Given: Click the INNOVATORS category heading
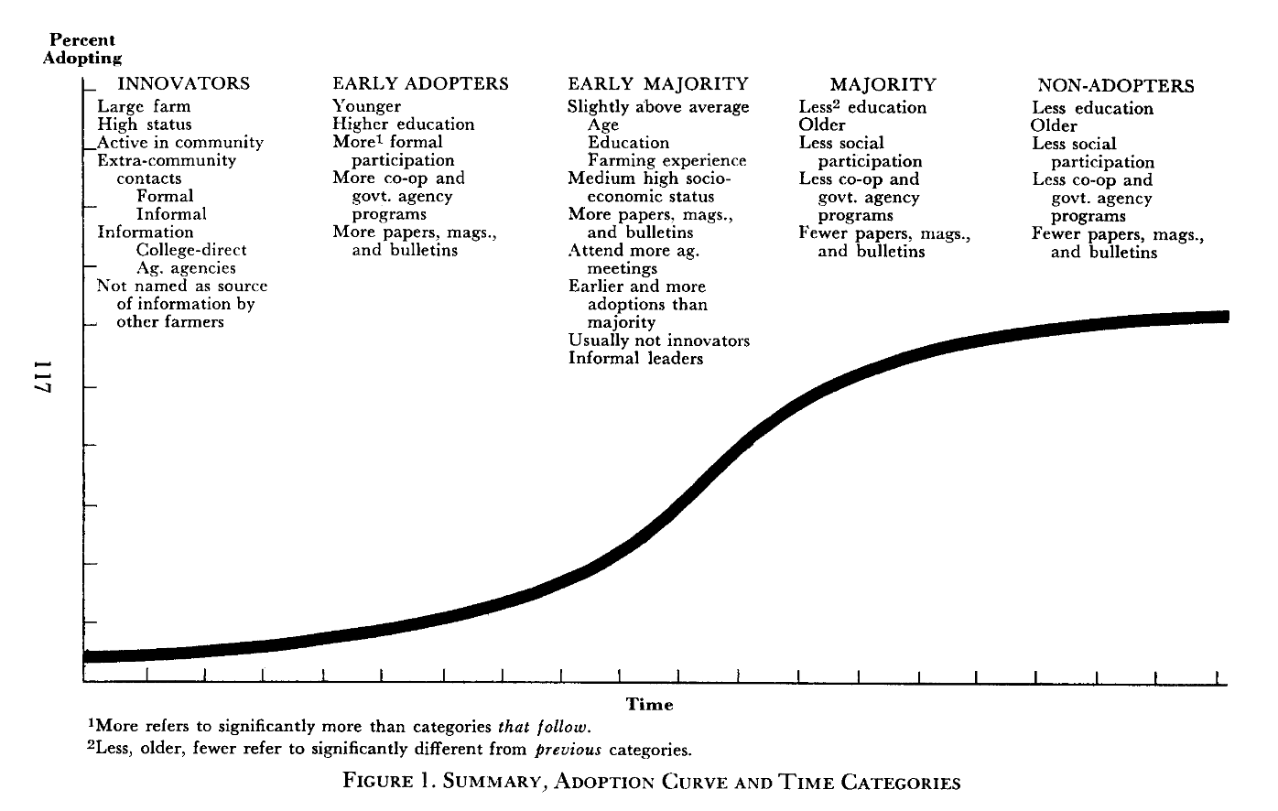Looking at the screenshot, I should pyautogui.click(x=184, y=83).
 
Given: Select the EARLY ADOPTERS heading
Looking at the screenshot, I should pyautogui.click(x=420, y=83).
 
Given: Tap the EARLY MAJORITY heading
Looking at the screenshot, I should pyautogui.click(x=657, y=83).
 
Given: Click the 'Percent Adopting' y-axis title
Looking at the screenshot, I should pyautogui.click(x=82, y=49).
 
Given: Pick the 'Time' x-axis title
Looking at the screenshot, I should pyautogui.click(x=649, y=704).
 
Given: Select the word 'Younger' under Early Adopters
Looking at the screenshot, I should pyautogui.click(x=367, y=106).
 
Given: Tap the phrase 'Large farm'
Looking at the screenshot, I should pyautogui.click(x=144, y=106).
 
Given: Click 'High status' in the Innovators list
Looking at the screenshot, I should pyautogui.click(x=145, y=124).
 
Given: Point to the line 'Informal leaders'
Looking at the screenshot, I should pyautogui.click(x=635, y=358).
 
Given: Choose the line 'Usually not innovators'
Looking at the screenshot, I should pyautogui.click(x=658, y=341).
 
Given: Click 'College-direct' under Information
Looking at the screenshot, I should pyautogui.click(x=191, y=250).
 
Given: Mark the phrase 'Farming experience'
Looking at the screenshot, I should pyautogui.click(x=666, y=160).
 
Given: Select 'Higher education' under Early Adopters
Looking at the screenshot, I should pyautogui.click(x=404, y=124).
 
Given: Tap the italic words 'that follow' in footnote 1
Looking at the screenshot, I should pyautogui.click(x=544, y=727).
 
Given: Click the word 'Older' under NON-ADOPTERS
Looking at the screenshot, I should pyautogui.click(x=1054, y=125).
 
